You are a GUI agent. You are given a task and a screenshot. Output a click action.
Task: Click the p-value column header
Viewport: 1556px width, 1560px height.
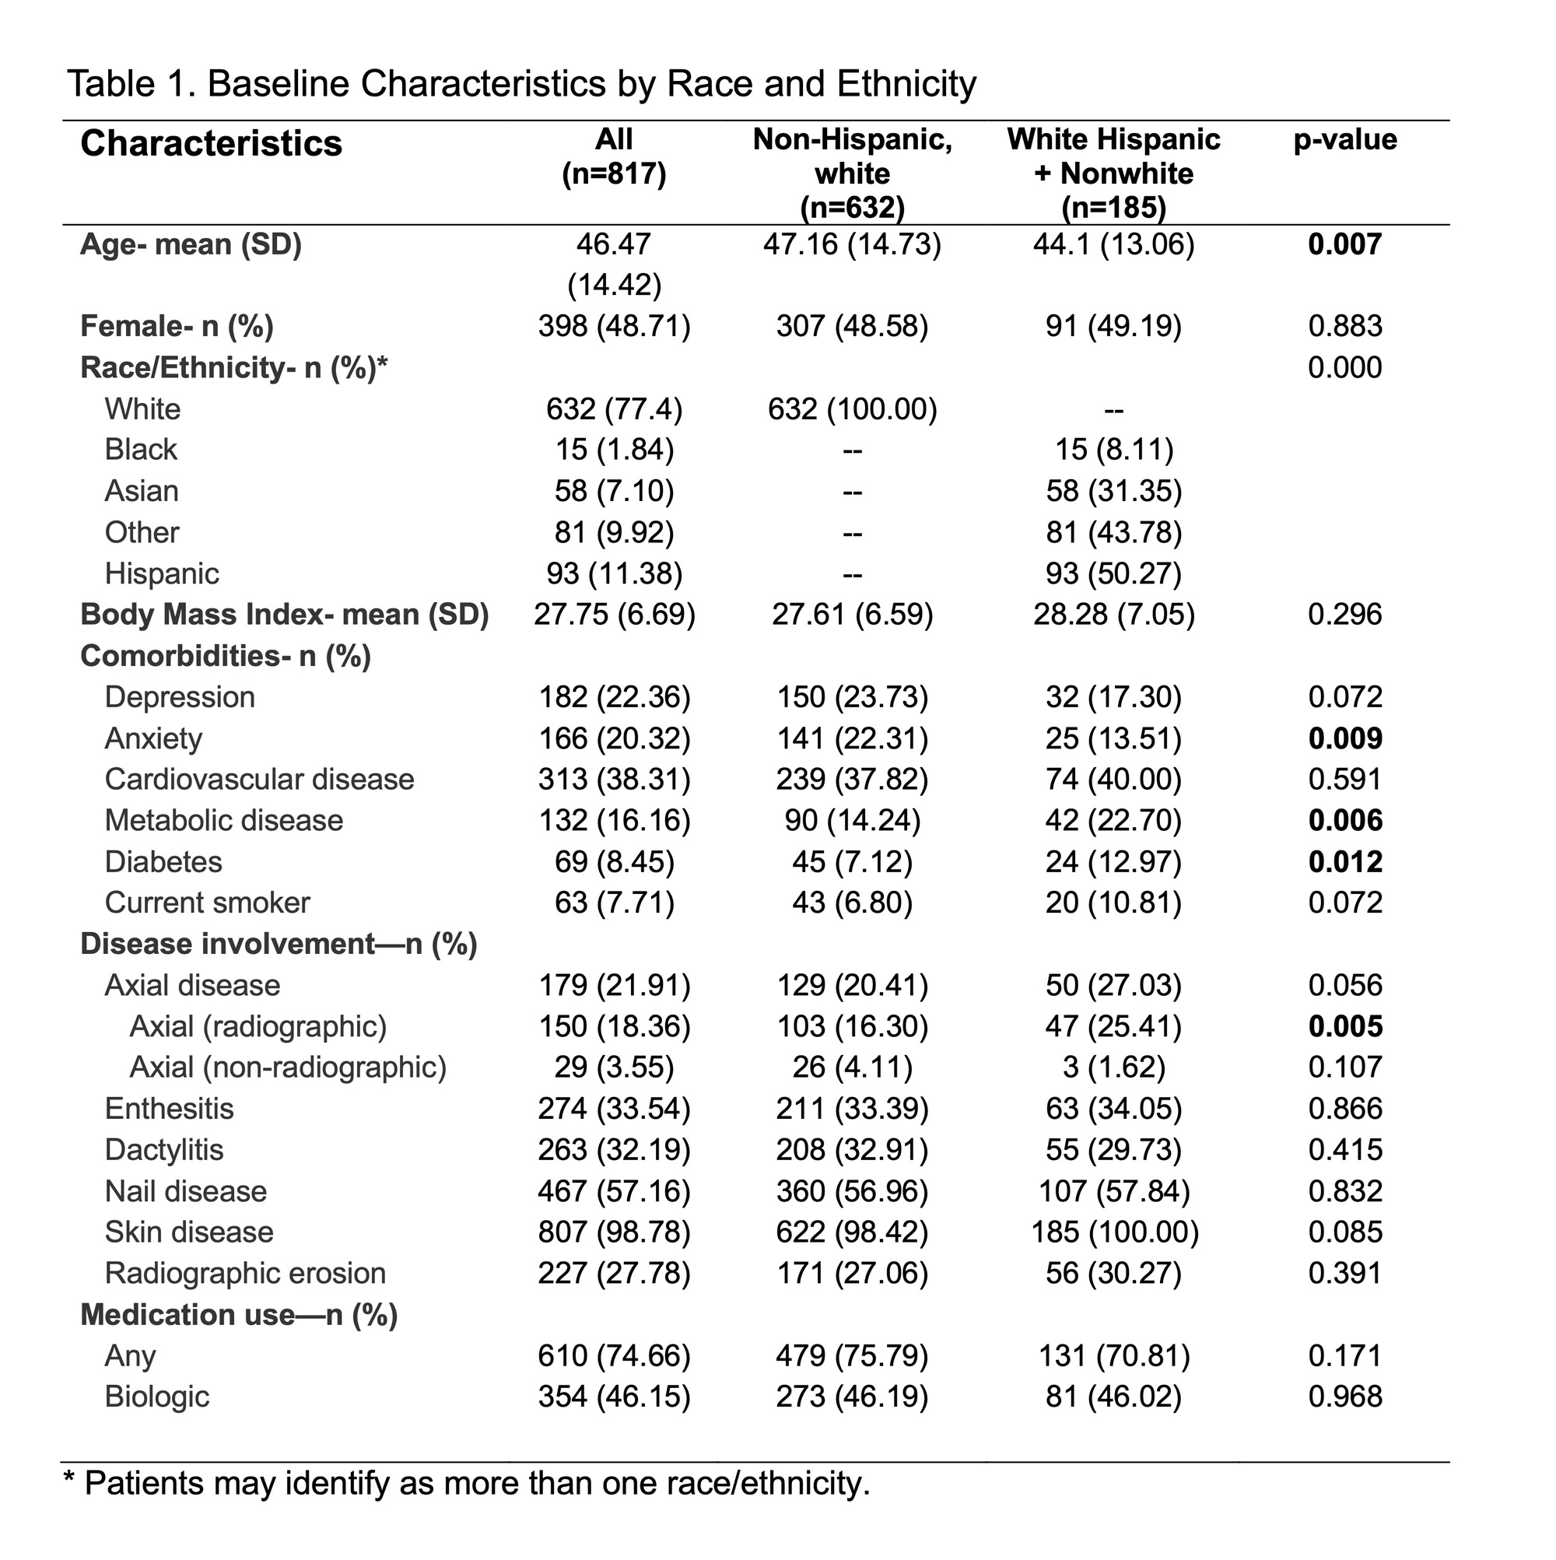click(x=1344, y=140)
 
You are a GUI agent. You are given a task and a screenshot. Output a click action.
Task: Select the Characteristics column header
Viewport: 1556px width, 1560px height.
click(x=211, y=144)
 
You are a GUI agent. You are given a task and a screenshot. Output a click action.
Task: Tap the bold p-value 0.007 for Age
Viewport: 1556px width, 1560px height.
click(x=1344, y=244)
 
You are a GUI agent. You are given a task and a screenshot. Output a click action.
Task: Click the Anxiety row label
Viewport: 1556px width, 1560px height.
click(x=153, y=739)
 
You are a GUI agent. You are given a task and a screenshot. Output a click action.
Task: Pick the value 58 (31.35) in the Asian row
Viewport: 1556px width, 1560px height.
click(x=1113, y=491)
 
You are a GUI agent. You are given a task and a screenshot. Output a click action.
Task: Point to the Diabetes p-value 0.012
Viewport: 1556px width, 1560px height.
click(x=1344, y=862)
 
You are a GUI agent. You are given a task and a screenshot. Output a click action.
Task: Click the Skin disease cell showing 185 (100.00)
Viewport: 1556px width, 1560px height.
click(x=1114, y=1232)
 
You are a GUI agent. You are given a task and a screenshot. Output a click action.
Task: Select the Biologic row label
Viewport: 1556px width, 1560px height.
click(x=156, y=1397)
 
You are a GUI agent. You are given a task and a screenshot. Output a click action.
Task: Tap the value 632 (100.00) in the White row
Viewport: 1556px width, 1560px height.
click(x=852, y=409)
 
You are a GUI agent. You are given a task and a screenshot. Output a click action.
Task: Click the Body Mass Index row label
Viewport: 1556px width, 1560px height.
click(x=284, y=615)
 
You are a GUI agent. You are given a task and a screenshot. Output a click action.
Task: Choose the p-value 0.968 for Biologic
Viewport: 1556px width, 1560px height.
click(x=1344, y=1397)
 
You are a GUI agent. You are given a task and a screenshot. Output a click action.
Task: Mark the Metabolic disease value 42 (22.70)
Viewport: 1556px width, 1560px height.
click(x=1113, y=821)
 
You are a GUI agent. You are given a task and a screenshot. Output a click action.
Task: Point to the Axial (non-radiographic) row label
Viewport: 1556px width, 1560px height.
click(x=287, y=1067)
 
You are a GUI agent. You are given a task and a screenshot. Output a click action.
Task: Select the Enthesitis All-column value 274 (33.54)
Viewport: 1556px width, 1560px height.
click(x=614, y=1109)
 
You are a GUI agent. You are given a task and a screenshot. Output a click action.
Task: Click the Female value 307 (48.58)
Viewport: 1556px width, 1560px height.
click(x=852, y=326)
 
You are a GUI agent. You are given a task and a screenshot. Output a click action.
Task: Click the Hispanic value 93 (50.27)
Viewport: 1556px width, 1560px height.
click(x=1113, y=574)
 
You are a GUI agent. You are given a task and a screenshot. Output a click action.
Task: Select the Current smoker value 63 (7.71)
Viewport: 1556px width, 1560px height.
click(x=614, y=903)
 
